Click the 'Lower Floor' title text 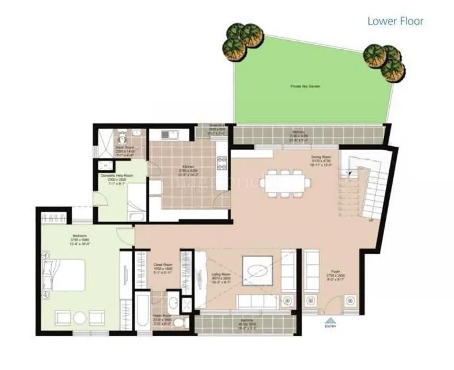click(395, 22)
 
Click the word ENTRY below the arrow click(330, 326)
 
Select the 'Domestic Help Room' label click(117, 176)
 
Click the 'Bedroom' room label click(79, 235)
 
